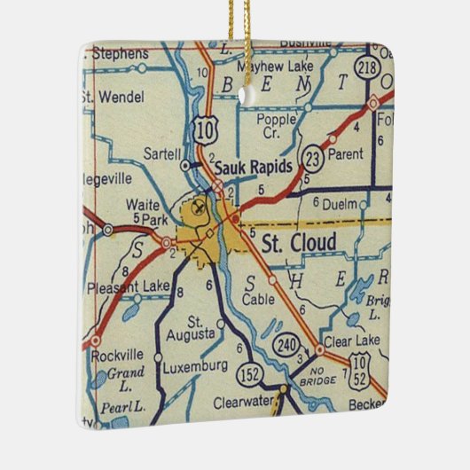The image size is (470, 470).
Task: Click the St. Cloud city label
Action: point(298,242)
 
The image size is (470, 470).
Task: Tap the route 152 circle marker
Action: point(253,377)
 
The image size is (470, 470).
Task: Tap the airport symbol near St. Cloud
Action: point(196,208)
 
